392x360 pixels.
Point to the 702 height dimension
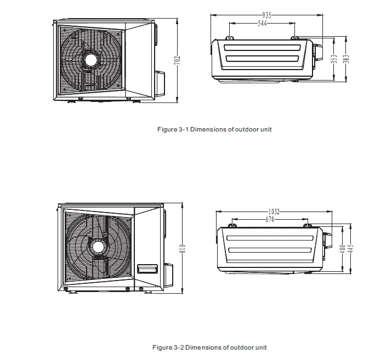tap(177, 61)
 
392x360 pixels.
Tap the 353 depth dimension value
tap(334, 59)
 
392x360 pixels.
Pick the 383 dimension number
tap(345, 59)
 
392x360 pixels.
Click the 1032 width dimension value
tap(275, 212)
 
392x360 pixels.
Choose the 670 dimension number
tap(270, 220)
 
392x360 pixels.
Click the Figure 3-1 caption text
tap(214, 130)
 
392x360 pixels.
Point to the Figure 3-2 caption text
tap(209, 347)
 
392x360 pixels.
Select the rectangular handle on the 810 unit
tap(147, 269)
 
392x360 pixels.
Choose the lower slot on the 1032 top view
tap(270, 250)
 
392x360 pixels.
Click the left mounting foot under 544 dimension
tap(230, 38)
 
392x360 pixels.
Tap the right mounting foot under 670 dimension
tap(309, 225)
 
